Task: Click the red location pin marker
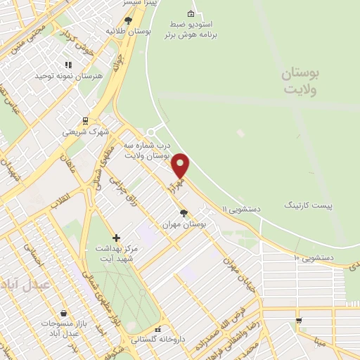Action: click(x=181, y=166)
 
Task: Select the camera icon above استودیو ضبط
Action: click(x=191, y=14)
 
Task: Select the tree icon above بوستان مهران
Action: click(x=184, y=213)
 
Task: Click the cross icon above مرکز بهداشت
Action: click(x=117, y=238)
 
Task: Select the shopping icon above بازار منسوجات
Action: click(x=64, y=313)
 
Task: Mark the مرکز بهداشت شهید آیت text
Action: click(x=114, y=254)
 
